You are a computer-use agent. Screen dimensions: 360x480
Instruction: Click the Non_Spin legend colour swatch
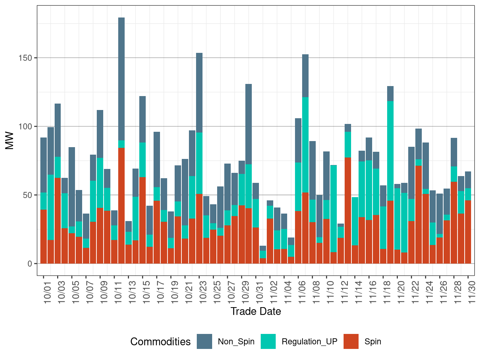[204, 341]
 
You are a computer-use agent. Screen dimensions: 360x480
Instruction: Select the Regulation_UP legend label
[309, 341]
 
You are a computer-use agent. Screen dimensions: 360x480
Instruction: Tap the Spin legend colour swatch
[351, 341]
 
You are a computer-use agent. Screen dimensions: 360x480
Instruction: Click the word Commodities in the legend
[160, 341]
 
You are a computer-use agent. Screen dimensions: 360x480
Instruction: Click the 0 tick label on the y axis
[30, 264]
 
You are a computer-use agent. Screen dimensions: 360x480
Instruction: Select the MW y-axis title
[10, 141]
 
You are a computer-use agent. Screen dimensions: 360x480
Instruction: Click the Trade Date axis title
[256, 311]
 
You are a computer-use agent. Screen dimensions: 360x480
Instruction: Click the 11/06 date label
[302, 293]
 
